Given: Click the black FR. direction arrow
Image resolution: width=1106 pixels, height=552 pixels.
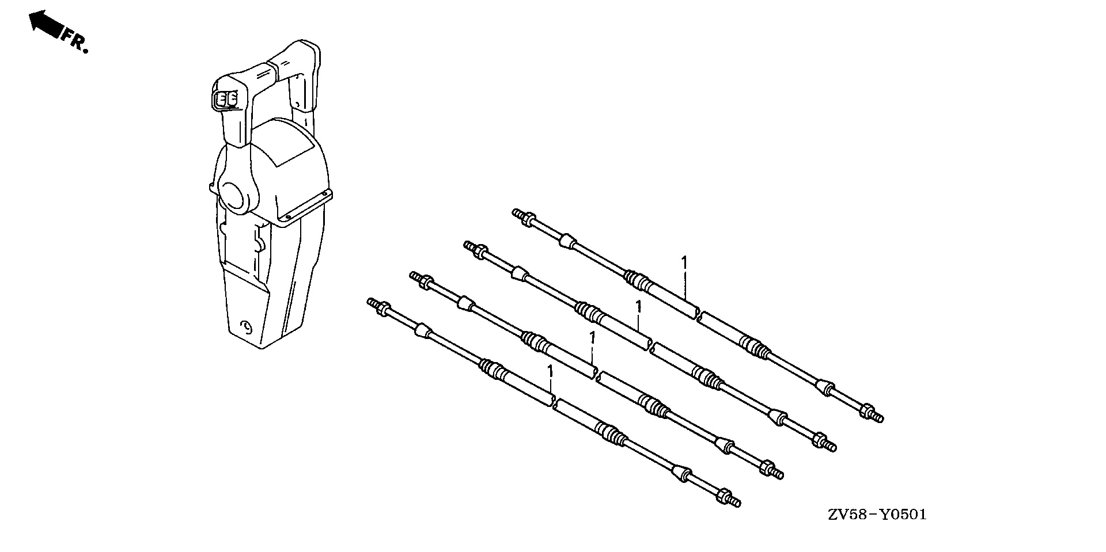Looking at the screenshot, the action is (45, 24).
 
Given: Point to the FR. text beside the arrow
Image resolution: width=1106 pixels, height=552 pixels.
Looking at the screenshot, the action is (75, 42).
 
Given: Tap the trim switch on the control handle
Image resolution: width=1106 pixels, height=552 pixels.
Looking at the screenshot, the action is (225, 100).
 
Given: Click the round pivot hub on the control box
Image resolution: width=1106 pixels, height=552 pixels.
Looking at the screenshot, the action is (234, 195).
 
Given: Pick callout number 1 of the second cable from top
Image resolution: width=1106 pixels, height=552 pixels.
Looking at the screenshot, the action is (638, 307).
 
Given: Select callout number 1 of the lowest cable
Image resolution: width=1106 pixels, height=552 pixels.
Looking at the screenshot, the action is (550, 371).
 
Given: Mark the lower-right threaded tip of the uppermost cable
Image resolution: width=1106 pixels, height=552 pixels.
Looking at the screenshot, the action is (880, 418).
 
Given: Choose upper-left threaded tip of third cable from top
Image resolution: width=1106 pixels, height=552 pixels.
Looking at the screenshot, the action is (413, 277).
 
